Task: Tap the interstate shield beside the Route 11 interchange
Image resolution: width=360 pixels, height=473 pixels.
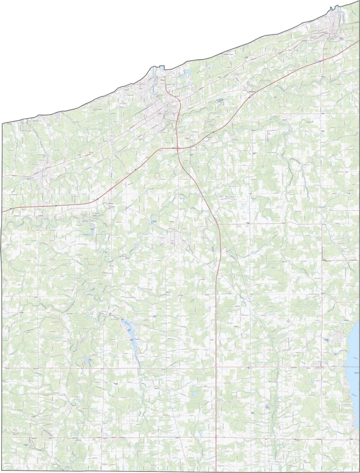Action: [x=173, y=148]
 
